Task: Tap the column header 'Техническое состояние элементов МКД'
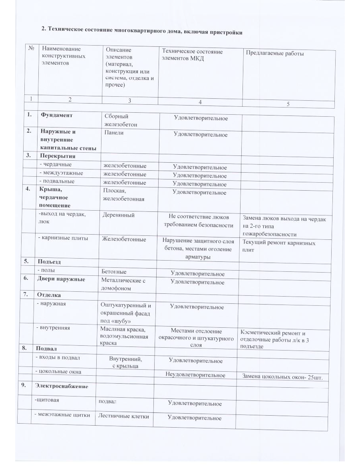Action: tap(192, 54)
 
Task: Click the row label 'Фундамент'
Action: tap(56, 115)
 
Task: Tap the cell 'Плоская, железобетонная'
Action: tap(123, 195)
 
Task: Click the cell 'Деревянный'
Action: tap(118, 215)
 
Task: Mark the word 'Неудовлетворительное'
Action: tap(195, 375)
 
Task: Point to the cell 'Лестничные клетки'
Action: tap(123, 416)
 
